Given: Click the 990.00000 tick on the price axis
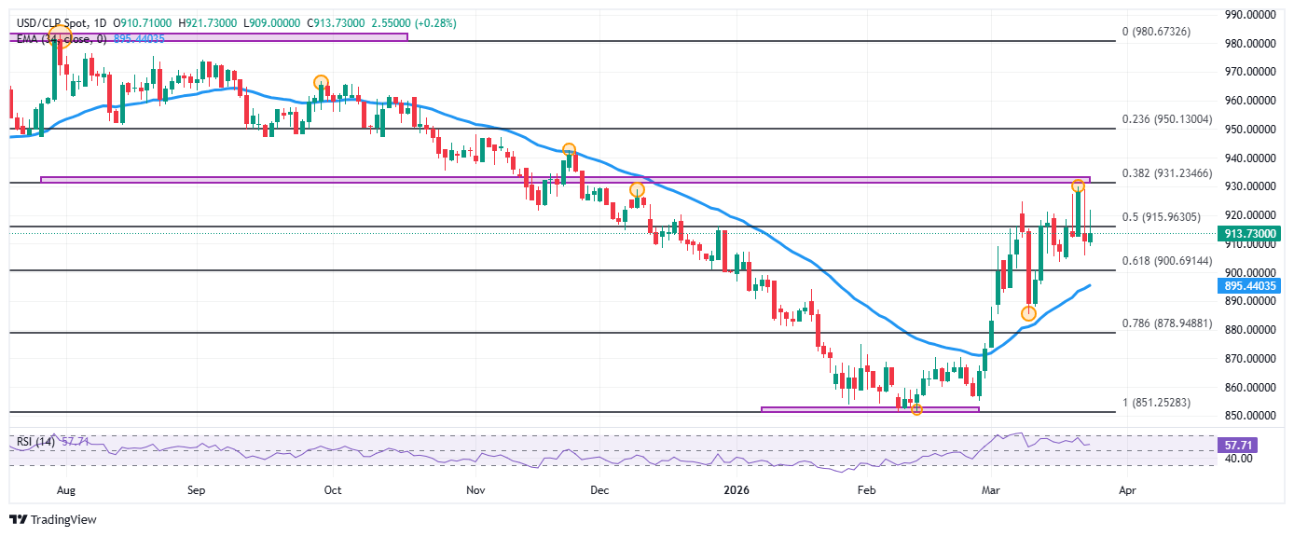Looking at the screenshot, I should [x=1250, y=15].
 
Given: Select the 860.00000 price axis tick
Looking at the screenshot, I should [x=1250, y=387].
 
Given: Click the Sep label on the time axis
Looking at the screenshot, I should [x=195, y=488].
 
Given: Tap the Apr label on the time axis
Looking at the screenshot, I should [x=1126, y=488].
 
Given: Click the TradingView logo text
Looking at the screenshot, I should [x=62, y=519].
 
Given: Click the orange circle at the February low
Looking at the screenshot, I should [x=916, y=409].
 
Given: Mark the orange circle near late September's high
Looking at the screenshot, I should [x=321, y=82].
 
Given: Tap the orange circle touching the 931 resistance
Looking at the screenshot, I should [x=1078, y=186].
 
